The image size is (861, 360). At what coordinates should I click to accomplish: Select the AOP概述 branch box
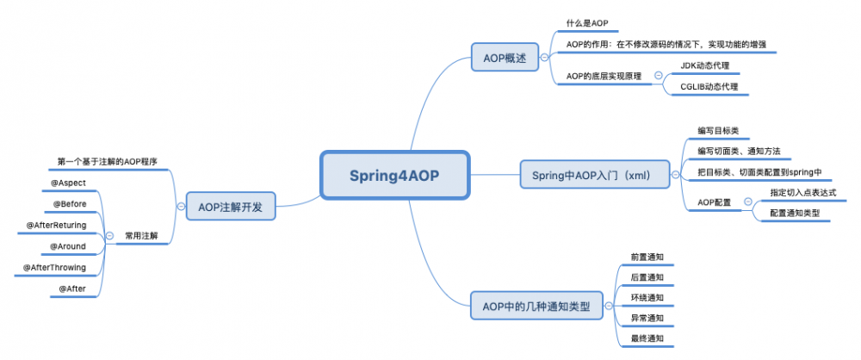coord(503,59)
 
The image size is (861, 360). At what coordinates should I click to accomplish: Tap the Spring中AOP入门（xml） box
coord(595,175)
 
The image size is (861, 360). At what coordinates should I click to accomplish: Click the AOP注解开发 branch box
coord(230,207)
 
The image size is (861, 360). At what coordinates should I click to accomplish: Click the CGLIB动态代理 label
coord(709,86)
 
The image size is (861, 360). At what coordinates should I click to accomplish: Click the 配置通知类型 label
coord(795,213)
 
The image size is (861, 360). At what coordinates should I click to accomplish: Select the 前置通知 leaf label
coord(647,257)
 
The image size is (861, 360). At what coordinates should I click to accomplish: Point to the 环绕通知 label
coord(647,297)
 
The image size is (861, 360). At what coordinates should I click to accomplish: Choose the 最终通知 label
coord(647,338)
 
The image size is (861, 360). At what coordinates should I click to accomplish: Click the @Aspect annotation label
coord(69,183)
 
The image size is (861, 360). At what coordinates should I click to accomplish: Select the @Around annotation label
coord(68,246)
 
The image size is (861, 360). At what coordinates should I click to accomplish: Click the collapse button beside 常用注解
coord(109,236)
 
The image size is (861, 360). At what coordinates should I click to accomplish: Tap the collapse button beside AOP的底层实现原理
coord(659,76)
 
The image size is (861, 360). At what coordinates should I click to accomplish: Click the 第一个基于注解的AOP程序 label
coord(107,161)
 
